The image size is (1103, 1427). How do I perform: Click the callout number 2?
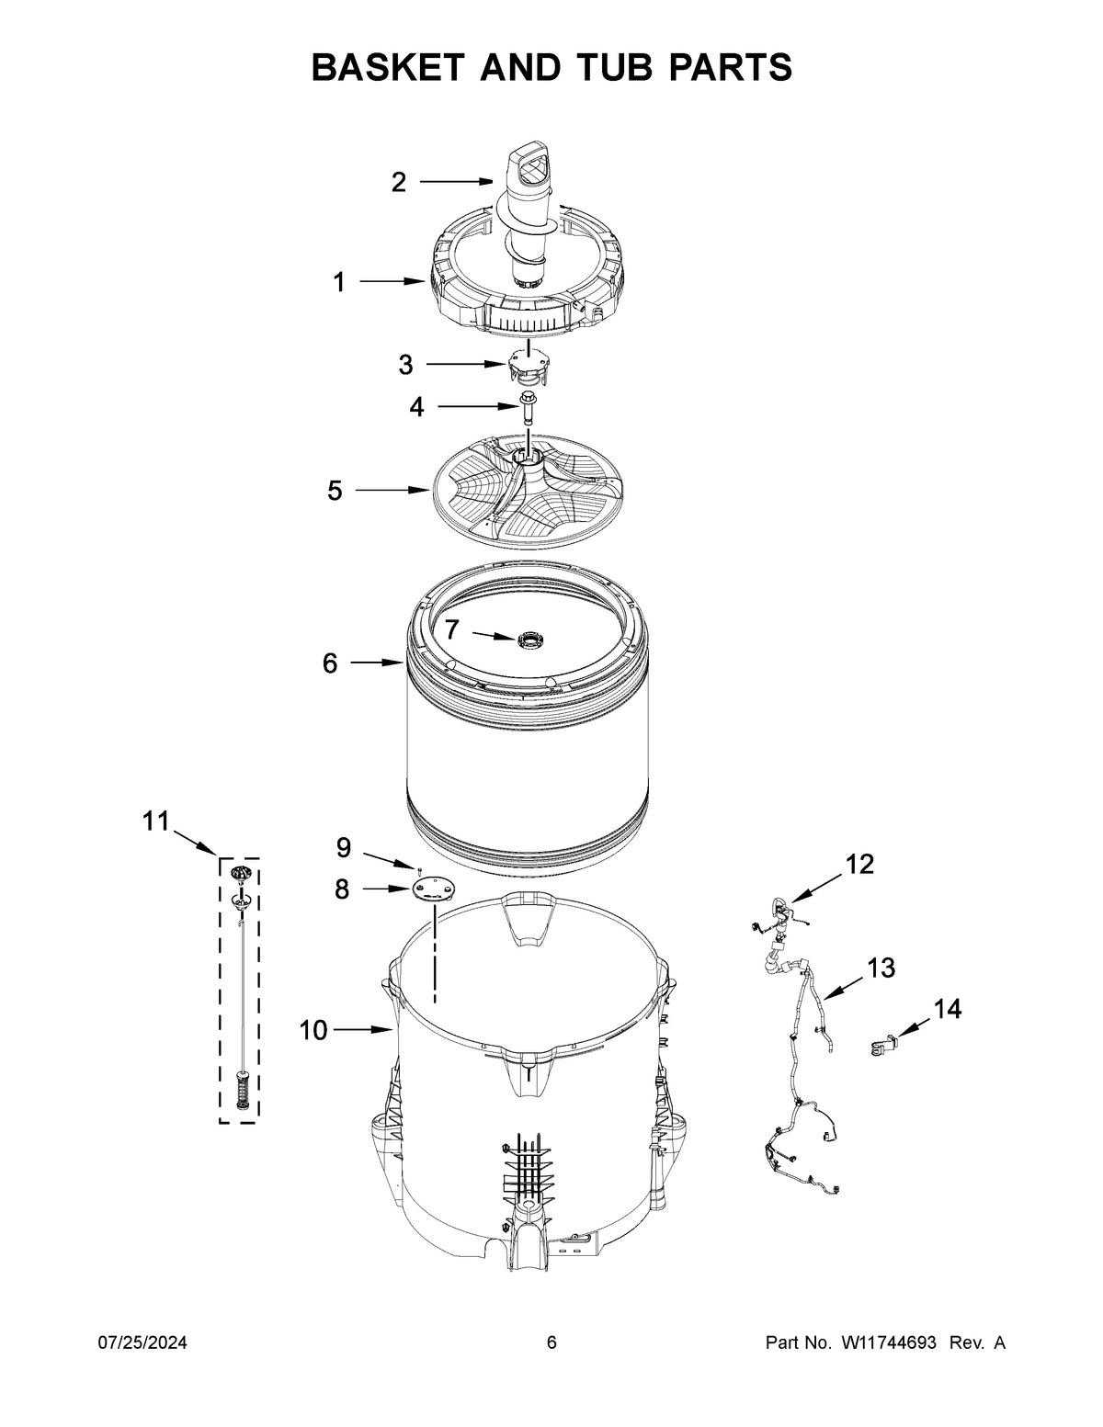398,182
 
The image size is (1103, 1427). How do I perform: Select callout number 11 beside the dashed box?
155,821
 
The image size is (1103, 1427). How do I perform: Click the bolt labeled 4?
529,405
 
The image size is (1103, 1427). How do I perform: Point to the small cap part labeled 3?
524,366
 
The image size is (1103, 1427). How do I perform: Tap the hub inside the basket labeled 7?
529,638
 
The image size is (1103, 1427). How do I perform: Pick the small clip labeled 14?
882,1046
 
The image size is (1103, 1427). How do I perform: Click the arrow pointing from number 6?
378,663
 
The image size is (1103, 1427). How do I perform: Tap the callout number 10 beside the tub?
313,1031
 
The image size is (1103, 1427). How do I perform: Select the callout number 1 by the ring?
339,282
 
